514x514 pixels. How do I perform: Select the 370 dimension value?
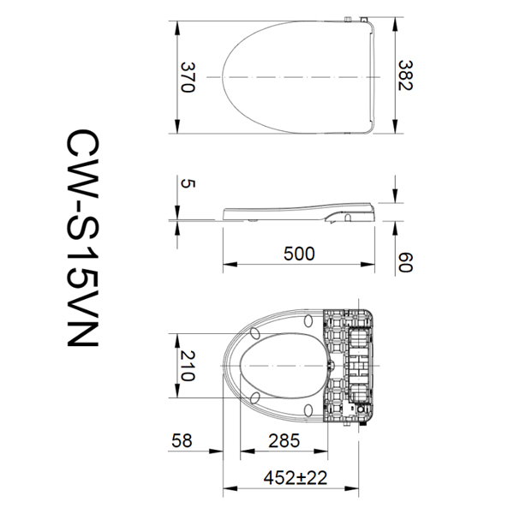189,77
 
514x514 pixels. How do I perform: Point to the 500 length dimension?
300,254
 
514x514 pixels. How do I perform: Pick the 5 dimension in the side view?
188,182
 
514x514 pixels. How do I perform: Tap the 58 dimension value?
182,441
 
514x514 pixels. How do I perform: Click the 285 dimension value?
283,441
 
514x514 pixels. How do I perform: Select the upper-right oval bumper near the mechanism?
308,321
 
